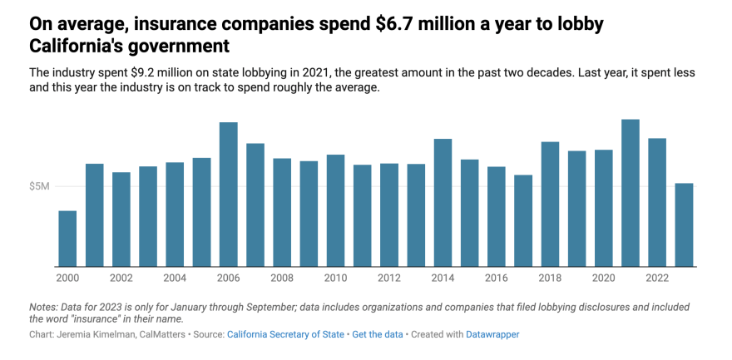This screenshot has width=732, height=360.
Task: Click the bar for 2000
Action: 67,239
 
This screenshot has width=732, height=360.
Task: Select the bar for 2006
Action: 228,195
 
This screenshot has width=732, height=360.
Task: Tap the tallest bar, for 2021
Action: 631,193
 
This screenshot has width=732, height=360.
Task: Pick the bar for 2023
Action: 684,224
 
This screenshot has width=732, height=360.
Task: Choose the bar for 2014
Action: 443,203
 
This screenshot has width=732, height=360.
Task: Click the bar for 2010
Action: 335,210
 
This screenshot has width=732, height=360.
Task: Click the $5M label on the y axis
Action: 39,186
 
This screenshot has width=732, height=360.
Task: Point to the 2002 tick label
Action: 121,277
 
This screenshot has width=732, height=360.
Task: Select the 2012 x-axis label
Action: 389,277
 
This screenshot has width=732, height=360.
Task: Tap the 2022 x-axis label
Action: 657,277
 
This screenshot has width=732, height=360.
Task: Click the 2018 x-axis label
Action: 550,277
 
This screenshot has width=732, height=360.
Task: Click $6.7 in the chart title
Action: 388,24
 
